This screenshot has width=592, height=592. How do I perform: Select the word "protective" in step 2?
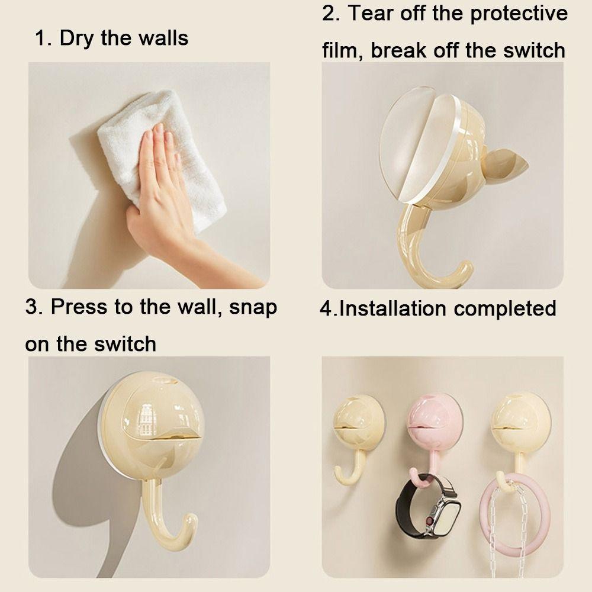click(516, 14)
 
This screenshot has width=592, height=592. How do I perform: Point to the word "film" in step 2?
click(343, 50)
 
